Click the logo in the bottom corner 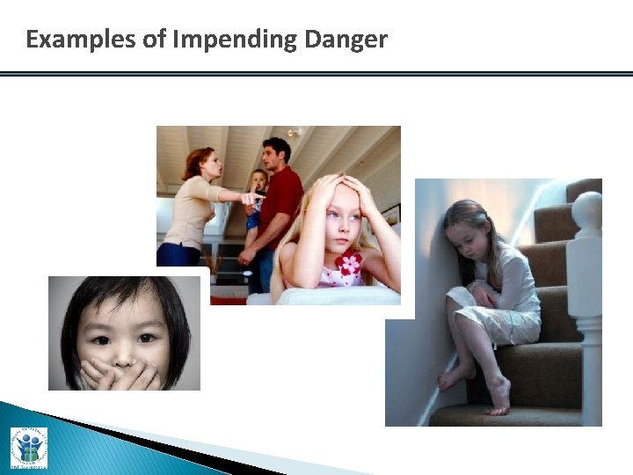click(28, 447)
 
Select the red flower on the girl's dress click(349, 263)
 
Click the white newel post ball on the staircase click(586, 211)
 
